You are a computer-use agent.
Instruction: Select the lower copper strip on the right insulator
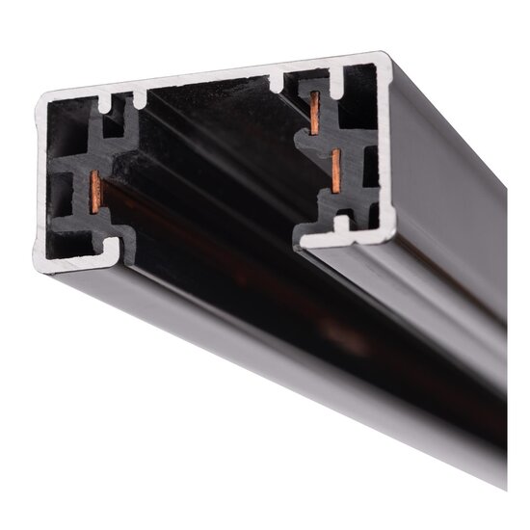click(335, 171)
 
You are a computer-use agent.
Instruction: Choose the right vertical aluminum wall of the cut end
click(385, 145)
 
